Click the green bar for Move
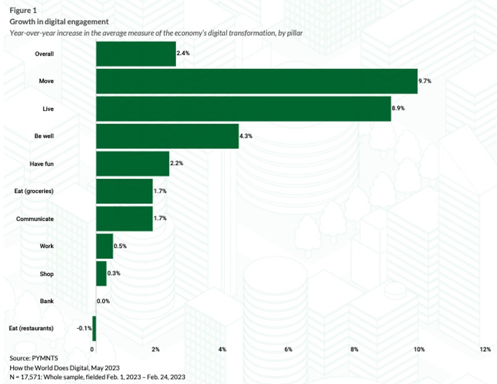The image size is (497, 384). pyautogui.click(x=256, y=81)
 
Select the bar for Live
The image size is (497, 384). pyautogui.click(x=243, y=108)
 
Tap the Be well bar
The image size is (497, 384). pyautogui.click(x=167, y=136)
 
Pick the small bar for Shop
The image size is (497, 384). pyautogui.click(x=101, y=273)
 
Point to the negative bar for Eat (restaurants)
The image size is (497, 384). pyautogui.click(x=94, y=328)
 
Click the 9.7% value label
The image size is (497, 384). pyautogui.click(x=425, y=81)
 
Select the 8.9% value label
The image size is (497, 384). pyautogui.click(x=398, y=108)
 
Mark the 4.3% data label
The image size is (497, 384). pyautogui.click(x=246, y=136)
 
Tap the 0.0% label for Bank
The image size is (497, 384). pyautogui.click(x=103, y=301)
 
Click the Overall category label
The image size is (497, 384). pyautogui.click(x=45, y=53)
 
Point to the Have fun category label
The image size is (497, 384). pyautogui.click(x=42, y=164)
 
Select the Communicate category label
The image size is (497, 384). pyautogui.click(x=35, y=219)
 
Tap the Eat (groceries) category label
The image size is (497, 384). pyautogui.click(x=34, y=191)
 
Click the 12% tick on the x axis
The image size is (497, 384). pyautogui.click(x=485, y=349)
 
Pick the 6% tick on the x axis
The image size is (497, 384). pyautogui.click(x=288, y=349)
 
